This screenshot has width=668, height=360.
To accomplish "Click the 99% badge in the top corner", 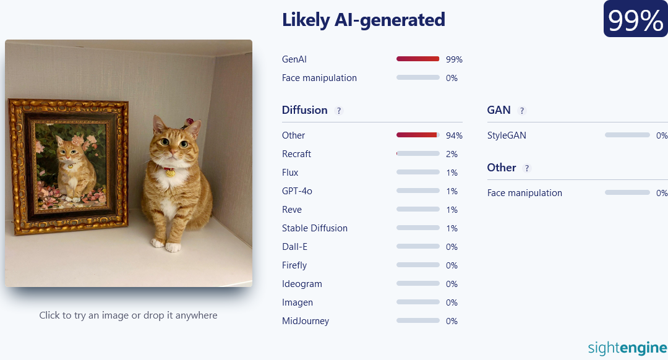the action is point(635,19).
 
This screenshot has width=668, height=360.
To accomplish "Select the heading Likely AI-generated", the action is point(364,20).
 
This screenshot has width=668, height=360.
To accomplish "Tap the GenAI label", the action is point(294,59).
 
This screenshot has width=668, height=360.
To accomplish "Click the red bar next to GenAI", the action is point(417,59).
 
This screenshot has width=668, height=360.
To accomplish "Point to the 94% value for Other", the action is point(454,135).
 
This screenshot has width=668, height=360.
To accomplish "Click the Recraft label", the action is point(296,154).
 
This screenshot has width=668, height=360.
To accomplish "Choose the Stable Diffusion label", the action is point(315,228).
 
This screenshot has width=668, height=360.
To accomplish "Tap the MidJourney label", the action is point(306,321).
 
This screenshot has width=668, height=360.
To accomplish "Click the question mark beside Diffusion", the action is point(339,111).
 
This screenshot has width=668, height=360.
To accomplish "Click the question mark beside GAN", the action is point(522,111).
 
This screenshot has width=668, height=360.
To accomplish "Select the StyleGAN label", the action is point(507,135).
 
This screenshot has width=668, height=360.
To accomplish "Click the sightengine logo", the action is point(628,348).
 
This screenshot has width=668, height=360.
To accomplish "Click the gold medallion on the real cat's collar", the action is point(170,173).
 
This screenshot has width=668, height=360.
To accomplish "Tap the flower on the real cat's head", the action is point(189,122).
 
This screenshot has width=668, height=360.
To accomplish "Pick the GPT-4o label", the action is point(297,191).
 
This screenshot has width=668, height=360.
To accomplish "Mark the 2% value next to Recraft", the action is point(452,154).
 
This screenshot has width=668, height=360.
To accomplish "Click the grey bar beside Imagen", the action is point(418,302).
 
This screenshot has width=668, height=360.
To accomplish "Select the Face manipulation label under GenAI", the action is point(320,78).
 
